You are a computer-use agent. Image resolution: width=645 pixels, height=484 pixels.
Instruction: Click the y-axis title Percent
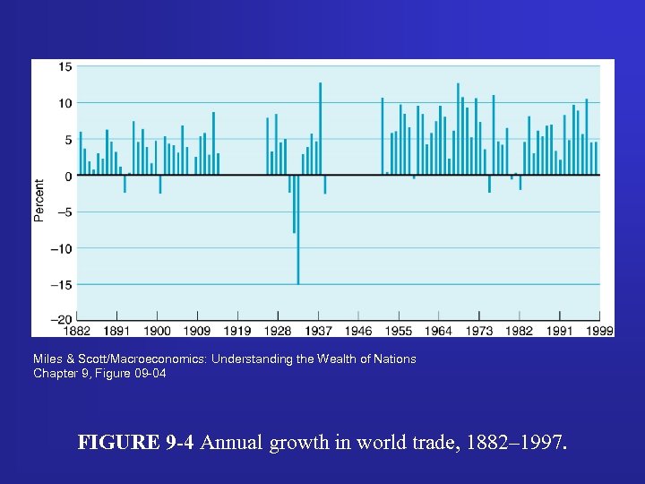[39, 201]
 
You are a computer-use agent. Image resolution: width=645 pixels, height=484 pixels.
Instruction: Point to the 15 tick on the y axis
[66, 67]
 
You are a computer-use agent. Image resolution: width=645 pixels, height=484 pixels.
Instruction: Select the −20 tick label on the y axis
[63, 320]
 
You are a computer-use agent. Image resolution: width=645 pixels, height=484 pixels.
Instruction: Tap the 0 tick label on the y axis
[69, 176]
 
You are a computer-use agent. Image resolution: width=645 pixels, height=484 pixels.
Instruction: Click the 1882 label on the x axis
[77, 331]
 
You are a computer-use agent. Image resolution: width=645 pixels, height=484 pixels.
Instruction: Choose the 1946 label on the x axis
[358, 331]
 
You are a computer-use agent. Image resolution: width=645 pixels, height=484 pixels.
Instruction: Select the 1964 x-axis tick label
[439, 331]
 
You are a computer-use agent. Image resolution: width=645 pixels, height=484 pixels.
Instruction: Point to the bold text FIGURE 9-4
[137, 442]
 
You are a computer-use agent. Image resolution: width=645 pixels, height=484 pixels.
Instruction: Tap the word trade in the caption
[426, 442]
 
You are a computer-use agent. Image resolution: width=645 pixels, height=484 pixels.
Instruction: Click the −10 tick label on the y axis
[63, 248]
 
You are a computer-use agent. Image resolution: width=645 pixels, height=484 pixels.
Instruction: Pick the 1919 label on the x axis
[237, 331]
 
